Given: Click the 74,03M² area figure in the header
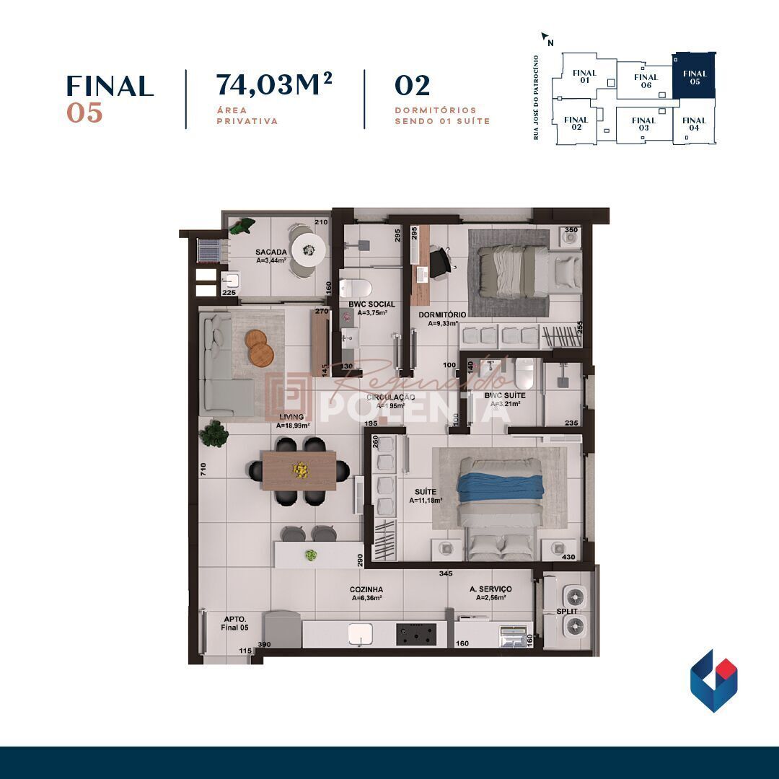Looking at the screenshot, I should pyautogui.click(x=273, y=85).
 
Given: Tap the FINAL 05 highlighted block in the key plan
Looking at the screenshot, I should pyautogui.click(x=694, y=77).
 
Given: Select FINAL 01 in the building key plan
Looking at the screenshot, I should pyautogui.click(x=584, y=76).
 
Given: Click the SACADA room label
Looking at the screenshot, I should pyautogui.click(x=271, y=252).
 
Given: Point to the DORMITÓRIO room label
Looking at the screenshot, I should pyautogui.click(x=442, y=315).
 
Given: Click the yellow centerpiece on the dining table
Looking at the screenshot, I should pyautogui.click(x=299, y=470).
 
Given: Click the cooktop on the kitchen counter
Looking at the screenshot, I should pyautogui.click(x=416, y=634).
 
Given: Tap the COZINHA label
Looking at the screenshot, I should pyautogui.click(x=366, y=589).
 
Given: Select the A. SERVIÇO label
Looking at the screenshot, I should pyautogui.click(x=490, y=589).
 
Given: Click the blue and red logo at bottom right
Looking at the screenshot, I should pyautogui.click(x=713, y=680).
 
